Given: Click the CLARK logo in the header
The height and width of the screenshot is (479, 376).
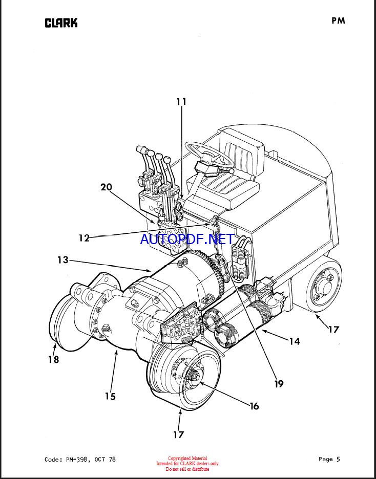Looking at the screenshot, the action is pyautogui.click(x=61, y=23).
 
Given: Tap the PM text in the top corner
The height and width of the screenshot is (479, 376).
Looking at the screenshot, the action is pyautogui.click(x=338, y=21).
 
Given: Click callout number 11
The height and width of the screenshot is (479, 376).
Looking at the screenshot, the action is pyautogui.click(x=181, y=101).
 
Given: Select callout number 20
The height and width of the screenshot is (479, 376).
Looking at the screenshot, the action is pyautogui.click(x=107, y=187).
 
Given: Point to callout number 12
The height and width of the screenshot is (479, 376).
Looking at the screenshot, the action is pyautogui.click(x=84, y=237).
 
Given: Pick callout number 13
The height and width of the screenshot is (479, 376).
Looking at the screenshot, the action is pyautogui.click(x=62, y=260).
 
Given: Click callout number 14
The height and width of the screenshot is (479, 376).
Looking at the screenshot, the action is pyautogui.click(x=295, y=341).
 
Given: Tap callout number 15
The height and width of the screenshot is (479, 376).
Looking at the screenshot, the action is pyautogui.click(x=110, y=396).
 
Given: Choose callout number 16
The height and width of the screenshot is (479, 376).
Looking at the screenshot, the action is pyautogui.click(x=254, y=406).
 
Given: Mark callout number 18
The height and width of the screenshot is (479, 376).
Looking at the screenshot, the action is pyautogui.click(x=53, y=360).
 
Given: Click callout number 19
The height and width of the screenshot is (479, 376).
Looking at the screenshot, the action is pyautogui.click(x=279, y=384).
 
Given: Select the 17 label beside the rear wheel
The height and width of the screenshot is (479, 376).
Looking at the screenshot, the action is pyautogui.click(x=334, y=330).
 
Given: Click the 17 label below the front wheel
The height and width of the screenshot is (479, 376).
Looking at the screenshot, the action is pyautogui.click(x=179, y=434).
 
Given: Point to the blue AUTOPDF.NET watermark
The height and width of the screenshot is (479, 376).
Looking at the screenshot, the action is pyautogui.click(x=187, y=239).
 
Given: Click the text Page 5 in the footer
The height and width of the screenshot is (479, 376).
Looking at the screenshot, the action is pyautogui.click(x=329, y=459).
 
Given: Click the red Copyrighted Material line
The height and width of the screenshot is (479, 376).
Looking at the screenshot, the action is pyautogui.click(x=187, y=458).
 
